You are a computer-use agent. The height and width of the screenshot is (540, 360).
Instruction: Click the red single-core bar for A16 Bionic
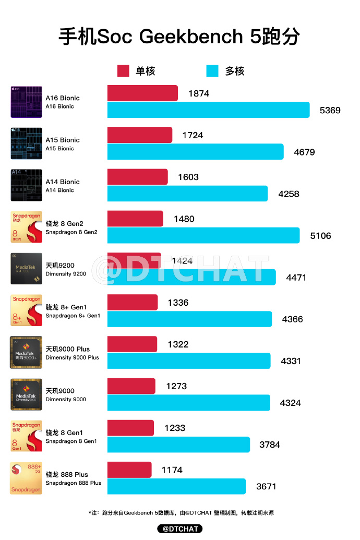click(142, 93)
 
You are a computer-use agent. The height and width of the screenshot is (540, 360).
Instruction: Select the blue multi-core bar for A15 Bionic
click(195, 152)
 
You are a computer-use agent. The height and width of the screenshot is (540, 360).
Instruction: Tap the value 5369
click(330, 110)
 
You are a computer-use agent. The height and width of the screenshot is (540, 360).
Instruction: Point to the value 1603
click(188, 177)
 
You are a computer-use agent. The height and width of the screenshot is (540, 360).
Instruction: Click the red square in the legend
click(123, 71)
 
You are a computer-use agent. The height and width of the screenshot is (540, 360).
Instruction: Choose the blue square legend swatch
click(212, 71)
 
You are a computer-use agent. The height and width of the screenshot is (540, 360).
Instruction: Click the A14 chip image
click(26, 185)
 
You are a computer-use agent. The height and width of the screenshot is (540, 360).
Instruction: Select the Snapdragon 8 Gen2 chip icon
click(26, 227)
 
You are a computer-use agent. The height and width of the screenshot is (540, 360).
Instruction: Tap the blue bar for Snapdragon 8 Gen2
click(203, 235)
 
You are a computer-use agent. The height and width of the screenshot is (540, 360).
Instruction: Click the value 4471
click(296, 278)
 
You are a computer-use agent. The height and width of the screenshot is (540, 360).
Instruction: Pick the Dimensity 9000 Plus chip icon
click(26, 353)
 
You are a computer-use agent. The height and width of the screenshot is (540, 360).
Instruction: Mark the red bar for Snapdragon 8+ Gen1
click(133, 303)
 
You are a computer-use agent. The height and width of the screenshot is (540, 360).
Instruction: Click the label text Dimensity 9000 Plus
click(72, 358)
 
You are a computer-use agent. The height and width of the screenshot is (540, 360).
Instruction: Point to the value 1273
click(176, 386)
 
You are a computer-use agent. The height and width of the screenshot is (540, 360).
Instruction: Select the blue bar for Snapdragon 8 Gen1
click(178, 445)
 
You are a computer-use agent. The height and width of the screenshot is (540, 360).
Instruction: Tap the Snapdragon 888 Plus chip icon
click(26, 478)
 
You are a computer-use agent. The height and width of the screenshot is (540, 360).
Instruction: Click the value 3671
click(266, 486)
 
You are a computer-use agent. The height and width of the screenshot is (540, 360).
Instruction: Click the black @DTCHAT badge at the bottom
click(180, 529)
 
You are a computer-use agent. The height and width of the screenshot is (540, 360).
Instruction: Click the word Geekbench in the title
click(191, 37)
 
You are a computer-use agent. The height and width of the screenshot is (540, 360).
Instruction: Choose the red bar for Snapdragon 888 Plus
click(129, 470)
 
